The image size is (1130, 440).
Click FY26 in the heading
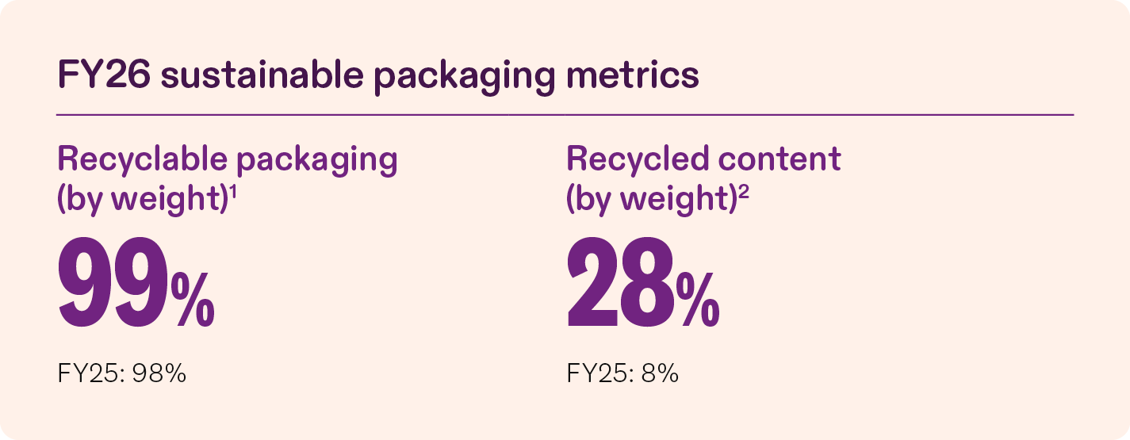[104, 75]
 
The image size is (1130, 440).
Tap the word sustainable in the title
[262, 75]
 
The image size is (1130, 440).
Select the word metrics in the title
[633, 75]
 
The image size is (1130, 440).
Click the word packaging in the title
[465, 78]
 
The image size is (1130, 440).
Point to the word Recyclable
[143, 159]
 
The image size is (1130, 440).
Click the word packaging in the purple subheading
[317, 162]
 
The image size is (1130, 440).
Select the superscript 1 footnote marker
[233, 191]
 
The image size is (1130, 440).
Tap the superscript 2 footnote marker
[744, 191]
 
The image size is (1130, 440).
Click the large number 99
[113, 282]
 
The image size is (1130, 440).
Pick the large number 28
[621, 282]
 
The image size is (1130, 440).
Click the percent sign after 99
[193, 300]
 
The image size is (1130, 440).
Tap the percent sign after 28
[698, 300]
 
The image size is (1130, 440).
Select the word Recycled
[638, 159]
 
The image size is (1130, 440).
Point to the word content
[780, 159]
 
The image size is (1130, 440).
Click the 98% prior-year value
[159, 374]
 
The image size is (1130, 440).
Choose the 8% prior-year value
[660, 374]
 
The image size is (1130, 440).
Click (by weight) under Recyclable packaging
[144, 199]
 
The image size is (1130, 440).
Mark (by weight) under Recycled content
[652, 199]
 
